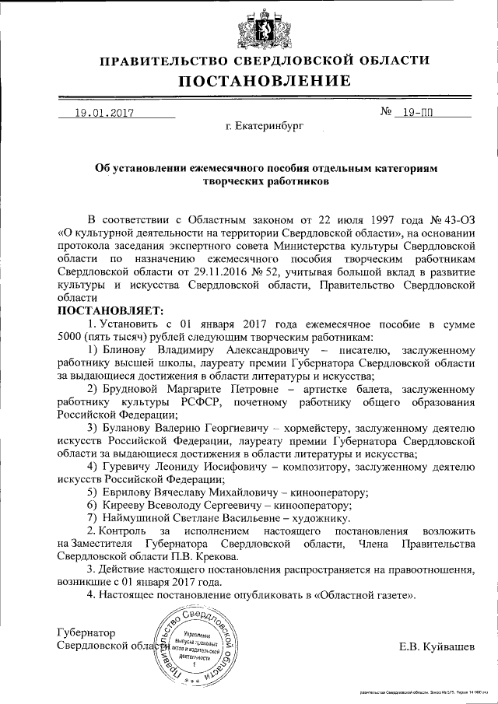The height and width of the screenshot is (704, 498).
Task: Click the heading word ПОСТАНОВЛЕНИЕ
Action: pos(265,82)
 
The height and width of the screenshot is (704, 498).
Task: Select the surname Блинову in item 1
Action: pos(125,350)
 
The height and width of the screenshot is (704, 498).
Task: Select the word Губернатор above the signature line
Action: pos(86,632)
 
